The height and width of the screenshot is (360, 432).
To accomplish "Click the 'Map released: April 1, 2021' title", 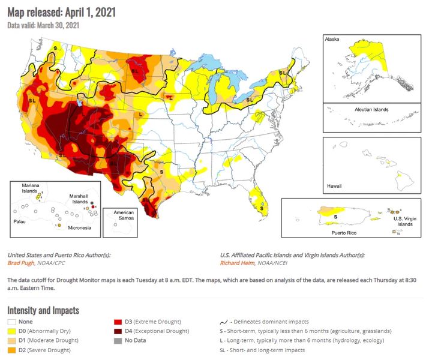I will click(x=62, y=12).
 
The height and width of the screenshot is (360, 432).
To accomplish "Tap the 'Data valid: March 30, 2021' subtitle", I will click(x=43, y=25).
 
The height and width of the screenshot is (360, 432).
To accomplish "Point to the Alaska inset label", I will click(x=332, y=39).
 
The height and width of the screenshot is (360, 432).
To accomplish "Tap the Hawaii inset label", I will click(x=334, y=186).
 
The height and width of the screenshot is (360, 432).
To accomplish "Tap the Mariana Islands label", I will click(x=30, y=188).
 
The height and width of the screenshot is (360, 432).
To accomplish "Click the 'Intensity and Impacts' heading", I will click(x=43, y=310).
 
